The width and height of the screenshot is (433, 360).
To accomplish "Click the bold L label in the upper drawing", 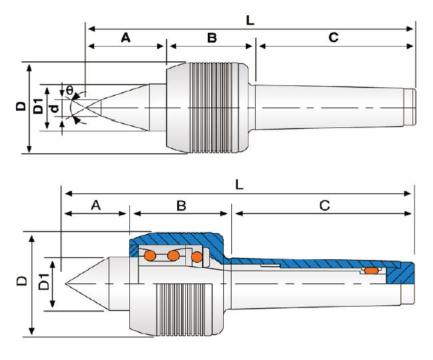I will coord(250,20).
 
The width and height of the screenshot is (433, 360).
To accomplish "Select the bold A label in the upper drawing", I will coord(125,38).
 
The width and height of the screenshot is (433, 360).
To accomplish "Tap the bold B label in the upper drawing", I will coord(212,38).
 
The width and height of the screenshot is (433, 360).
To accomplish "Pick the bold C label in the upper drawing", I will coord(333,38).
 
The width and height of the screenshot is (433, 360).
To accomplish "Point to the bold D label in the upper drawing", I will coord(21,107).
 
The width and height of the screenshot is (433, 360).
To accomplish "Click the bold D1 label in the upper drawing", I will coord(39,107).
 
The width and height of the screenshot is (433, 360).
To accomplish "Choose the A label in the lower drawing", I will coord(95,205).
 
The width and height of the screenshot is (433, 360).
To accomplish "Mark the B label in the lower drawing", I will coord(181,205).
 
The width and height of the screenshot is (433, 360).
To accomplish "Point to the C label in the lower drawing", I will coord(324,205).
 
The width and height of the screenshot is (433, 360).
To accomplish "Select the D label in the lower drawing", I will coord(21,283).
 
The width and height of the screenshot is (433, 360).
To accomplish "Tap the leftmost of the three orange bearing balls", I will coord(151,255).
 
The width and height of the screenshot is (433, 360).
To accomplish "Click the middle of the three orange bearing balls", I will coord(174,255).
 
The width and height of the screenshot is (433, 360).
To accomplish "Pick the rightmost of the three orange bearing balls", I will coord(197,257).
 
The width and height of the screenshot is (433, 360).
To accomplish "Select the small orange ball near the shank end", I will coord(370,271).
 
